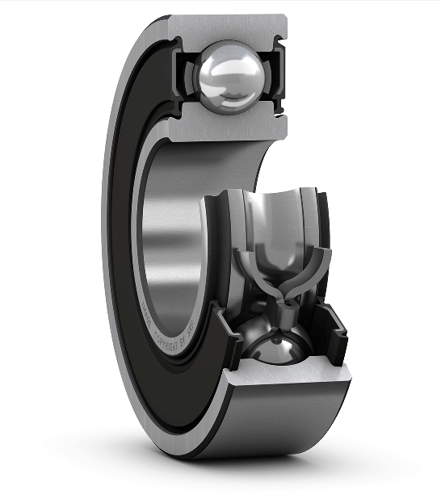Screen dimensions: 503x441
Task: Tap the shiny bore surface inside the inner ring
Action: (x=174, y=242)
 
